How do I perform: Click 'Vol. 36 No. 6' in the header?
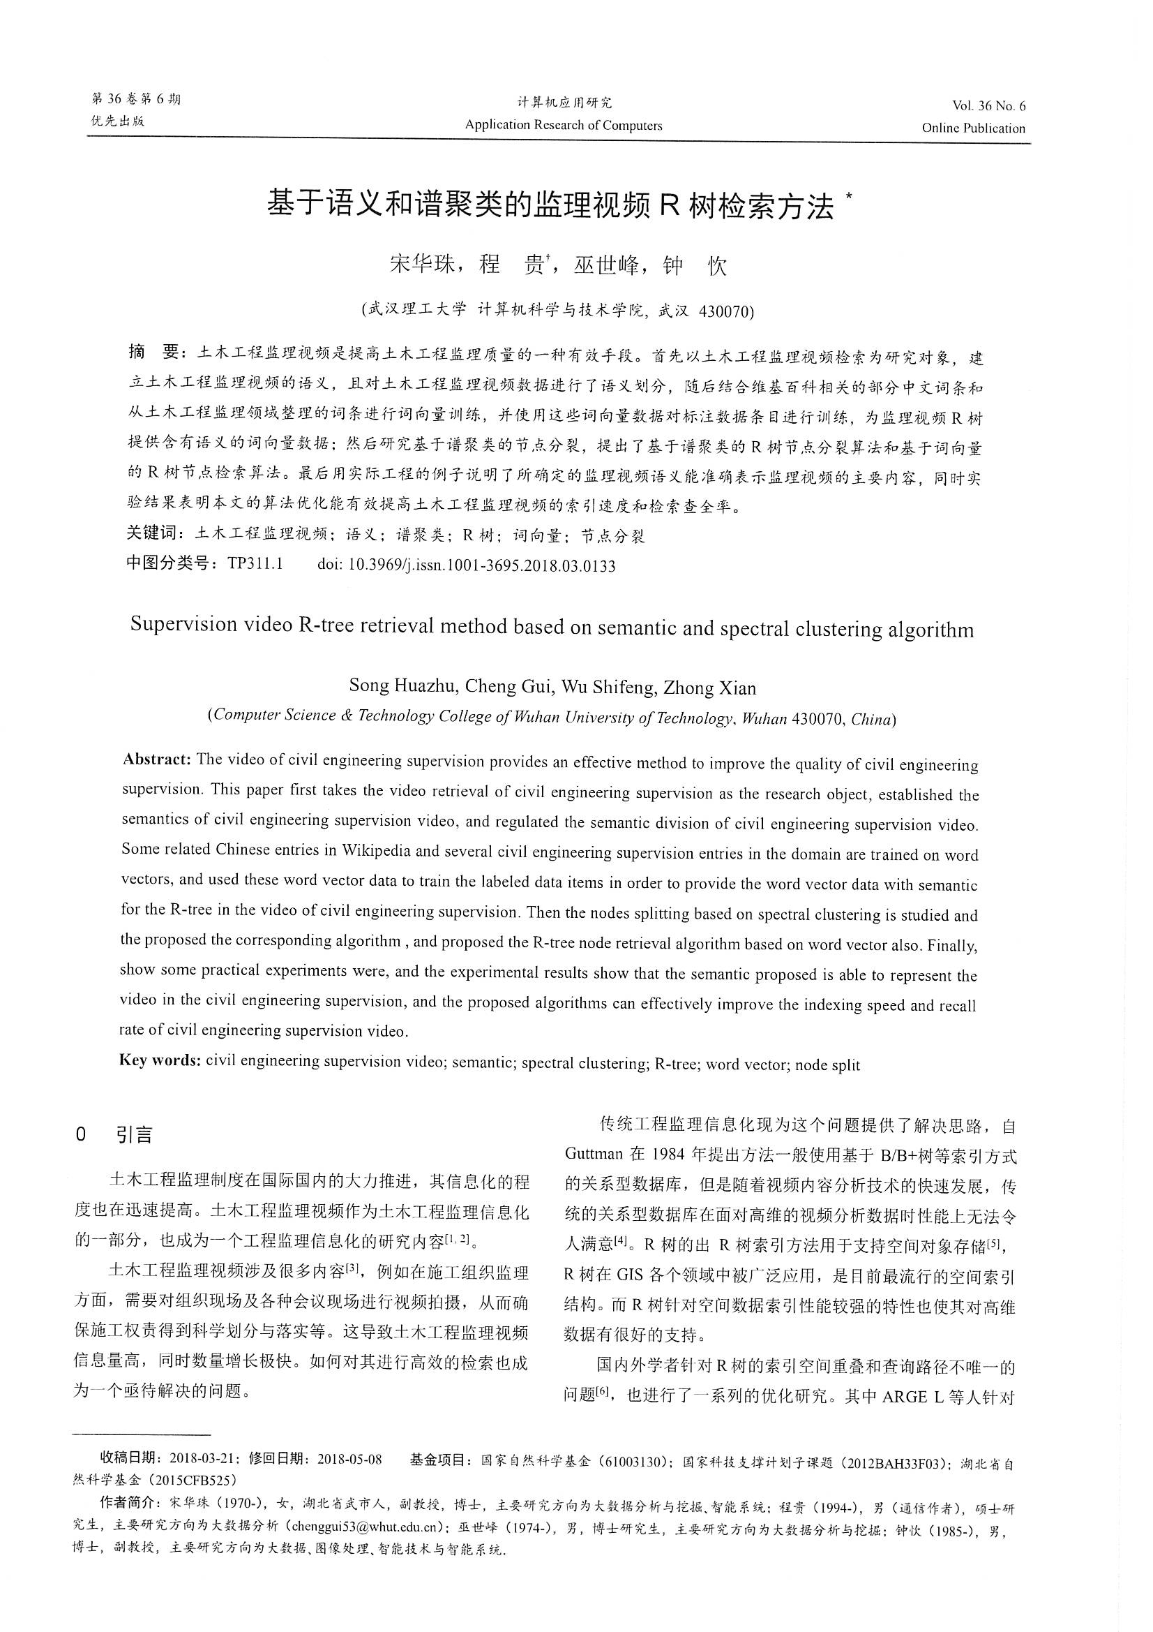pos(989,107)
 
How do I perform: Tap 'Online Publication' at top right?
pos(973,128)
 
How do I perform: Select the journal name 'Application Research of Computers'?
pos(564,126)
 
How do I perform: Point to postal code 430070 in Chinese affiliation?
pos(725,311)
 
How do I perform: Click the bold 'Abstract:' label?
pos(157,759)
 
